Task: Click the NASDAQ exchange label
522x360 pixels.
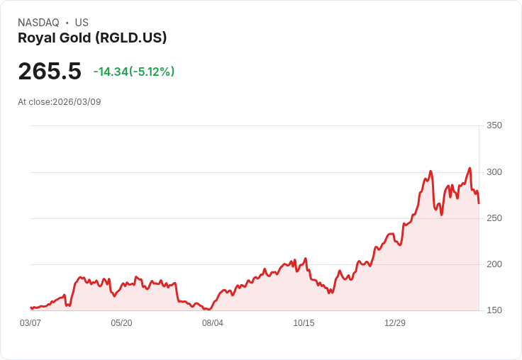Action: [x=38, y=23]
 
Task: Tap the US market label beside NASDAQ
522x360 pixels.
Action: [x=82, y=23]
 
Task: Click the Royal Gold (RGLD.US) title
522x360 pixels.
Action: [x=92, y=38]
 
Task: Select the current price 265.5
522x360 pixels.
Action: [x=50, y=71]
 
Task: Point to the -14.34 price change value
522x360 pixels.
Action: [x=111, y=72]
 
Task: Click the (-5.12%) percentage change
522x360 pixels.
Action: [x=152, y=72]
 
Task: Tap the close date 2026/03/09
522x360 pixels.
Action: [x=77, y=102]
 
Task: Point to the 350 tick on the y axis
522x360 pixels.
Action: [x=494, y=126]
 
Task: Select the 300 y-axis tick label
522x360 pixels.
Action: [x=494, y=172]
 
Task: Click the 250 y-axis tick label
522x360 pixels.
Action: [x=494, y=218]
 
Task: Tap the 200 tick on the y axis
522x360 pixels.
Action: [x=494, y=264]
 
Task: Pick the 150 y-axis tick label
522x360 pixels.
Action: [x=494, y=310]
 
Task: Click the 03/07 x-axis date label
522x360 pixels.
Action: [x=30, y=323]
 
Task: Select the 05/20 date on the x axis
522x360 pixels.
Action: [x=121, y=323]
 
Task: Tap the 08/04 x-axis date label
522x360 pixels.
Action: [x=213, y=323]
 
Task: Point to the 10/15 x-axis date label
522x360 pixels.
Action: [x=304, y=323]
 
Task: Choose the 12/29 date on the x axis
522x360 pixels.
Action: [x=395, y=323]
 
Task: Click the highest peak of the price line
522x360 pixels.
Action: [x=470, y=169]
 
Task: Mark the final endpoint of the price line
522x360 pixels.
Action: [x=479, y=203]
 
